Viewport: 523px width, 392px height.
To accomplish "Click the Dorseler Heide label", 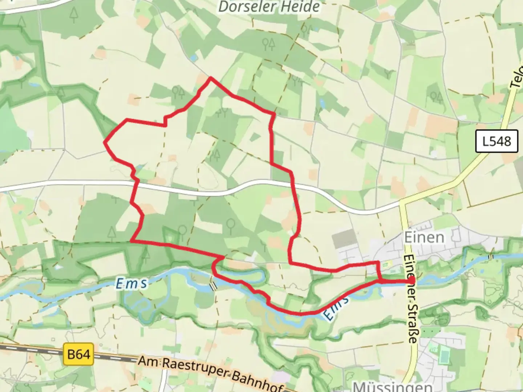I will [269, 7].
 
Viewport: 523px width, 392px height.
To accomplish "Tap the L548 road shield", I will [496, 141].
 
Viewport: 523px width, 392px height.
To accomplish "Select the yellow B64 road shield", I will [78, 354].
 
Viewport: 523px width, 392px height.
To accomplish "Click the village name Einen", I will [424, 237].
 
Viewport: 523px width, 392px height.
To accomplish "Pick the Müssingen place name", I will [392, 386].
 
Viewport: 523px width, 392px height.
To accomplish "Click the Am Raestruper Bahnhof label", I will [211, 374].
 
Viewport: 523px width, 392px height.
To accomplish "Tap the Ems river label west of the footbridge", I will [131, 283].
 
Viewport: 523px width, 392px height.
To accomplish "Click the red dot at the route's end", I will [411, 281].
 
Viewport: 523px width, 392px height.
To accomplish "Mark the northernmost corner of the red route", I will [211, 78].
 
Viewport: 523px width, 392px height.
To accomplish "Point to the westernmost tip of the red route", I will [105, 142].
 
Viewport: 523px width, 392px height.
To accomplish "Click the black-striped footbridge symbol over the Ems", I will [213, 286].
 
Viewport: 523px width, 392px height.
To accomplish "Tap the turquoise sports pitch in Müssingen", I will [444, 354].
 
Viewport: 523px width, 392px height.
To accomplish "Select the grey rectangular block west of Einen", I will [344, 239].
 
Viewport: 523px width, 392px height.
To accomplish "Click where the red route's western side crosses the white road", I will [137, 184].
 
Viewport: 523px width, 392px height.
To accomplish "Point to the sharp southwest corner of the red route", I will [131, 241].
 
